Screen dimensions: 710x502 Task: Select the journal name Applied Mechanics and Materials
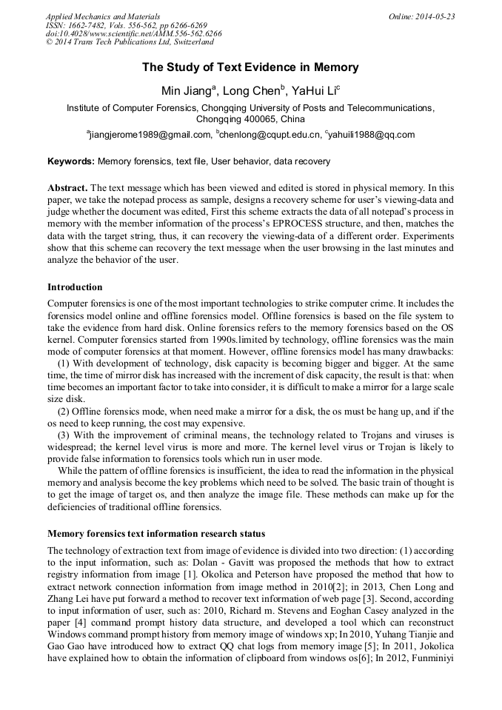[102, 16]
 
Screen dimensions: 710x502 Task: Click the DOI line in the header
[133, 34]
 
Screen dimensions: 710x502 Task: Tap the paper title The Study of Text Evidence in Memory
[250, 67]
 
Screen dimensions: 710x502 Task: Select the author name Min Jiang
[186, 91]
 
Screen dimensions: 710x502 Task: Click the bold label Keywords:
[71, 161]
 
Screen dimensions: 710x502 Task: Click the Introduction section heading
[75, 287]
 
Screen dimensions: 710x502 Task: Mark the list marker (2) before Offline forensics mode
[64, 411]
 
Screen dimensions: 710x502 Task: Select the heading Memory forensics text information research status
[156, 533]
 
